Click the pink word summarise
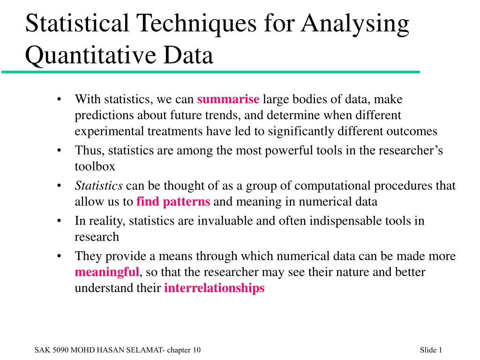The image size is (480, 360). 228,99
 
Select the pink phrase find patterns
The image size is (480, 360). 173,202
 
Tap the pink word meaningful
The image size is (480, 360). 107,272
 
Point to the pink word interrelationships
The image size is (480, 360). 214,288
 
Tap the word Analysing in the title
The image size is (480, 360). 355,24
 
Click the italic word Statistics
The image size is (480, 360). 98,186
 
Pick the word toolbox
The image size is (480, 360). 95,166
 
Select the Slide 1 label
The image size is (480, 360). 431,350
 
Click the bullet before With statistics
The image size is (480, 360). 59,100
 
